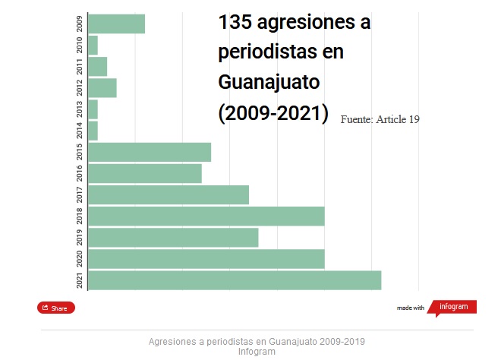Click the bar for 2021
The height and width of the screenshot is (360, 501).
point(235,279)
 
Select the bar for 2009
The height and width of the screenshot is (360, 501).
point(116,24)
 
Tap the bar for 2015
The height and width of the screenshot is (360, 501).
point(150,152)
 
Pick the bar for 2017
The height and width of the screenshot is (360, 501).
point(169,194)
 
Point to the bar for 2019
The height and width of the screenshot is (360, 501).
point(173,237)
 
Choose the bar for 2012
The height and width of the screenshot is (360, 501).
point(102,87)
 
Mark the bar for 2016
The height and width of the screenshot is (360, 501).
point(145,173)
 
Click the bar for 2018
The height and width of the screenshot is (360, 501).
point(206,216)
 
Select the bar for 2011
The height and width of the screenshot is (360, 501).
point(98,66)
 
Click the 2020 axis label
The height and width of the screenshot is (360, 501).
point(80,258)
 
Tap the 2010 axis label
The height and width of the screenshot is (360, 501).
point(80,45)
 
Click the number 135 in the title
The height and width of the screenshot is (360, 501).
point(235,23)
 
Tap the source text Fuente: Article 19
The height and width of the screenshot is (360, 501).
point(380,119)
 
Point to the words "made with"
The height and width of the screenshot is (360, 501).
point(411,308)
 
